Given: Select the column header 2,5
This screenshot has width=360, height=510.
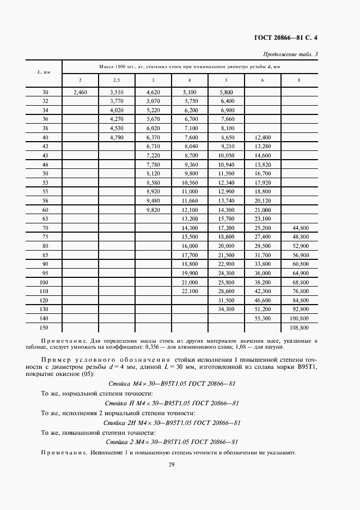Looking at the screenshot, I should pyautogui.click(x=117, y=80).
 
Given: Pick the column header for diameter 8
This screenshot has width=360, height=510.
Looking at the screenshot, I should pyautogui.click(x=298, y=80).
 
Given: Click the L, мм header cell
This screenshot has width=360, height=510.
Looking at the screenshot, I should pyautogui.click(x=44, y=72).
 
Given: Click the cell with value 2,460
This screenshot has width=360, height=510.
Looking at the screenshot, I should pyautogui.click(x=80, y=93).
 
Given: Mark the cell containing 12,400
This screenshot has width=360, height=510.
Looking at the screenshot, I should pyautogui.click(x=263, y=138).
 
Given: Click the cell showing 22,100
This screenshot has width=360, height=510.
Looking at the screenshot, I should pyautogui.click(x=190, y=291).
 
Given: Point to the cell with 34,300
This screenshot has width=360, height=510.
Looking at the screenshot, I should pyautogui.click(x=226, y=309).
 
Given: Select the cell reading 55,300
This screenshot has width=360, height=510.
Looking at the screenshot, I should pyautogui.click(x=263, y=318).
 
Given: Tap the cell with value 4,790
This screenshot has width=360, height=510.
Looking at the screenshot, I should pyautogui.click(x=117, y=138).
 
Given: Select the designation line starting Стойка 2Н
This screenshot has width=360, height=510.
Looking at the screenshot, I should pyautogui.click(x=172, y=422).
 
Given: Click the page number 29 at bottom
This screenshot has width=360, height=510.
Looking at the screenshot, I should pyautogui.click(x=172, y=464).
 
